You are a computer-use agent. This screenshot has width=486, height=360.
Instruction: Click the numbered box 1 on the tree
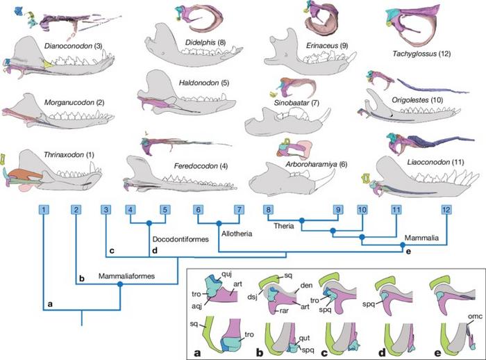coord(44,209)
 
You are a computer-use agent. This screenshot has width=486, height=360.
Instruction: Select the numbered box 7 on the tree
coord(239,209)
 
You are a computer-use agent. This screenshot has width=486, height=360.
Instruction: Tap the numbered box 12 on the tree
coord(446,209)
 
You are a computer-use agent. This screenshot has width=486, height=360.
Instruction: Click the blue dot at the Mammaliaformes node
coord(120,284)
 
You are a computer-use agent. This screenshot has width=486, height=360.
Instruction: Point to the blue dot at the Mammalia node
coord(403,245)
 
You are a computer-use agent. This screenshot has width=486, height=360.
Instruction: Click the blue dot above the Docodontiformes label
coord(149,222)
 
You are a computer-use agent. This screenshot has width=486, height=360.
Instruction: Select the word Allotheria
coord(237,234)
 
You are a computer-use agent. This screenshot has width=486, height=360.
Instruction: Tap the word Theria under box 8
coord(283,226)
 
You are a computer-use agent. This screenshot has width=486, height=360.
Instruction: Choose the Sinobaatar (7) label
coord(296,103)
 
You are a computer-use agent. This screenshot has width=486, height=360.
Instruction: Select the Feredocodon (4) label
coord(201,166)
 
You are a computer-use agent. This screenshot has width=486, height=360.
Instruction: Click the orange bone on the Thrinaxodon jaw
coord(26,174)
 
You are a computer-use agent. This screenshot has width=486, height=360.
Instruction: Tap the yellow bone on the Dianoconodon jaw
coord(48,64)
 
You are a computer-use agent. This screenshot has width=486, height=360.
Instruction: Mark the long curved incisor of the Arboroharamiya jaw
coord(325,179)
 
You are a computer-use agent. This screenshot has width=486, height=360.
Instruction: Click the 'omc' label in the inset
coord(475,316)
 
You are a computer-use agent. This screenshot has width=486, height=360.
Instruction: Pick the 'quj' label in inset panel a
coord(226,273)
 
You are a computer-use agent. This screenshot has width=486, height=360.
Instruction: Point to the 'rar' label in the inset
coord(284,311)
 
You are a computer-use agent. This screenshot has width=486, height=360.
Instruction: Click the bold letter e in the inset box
coord(437,353)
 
